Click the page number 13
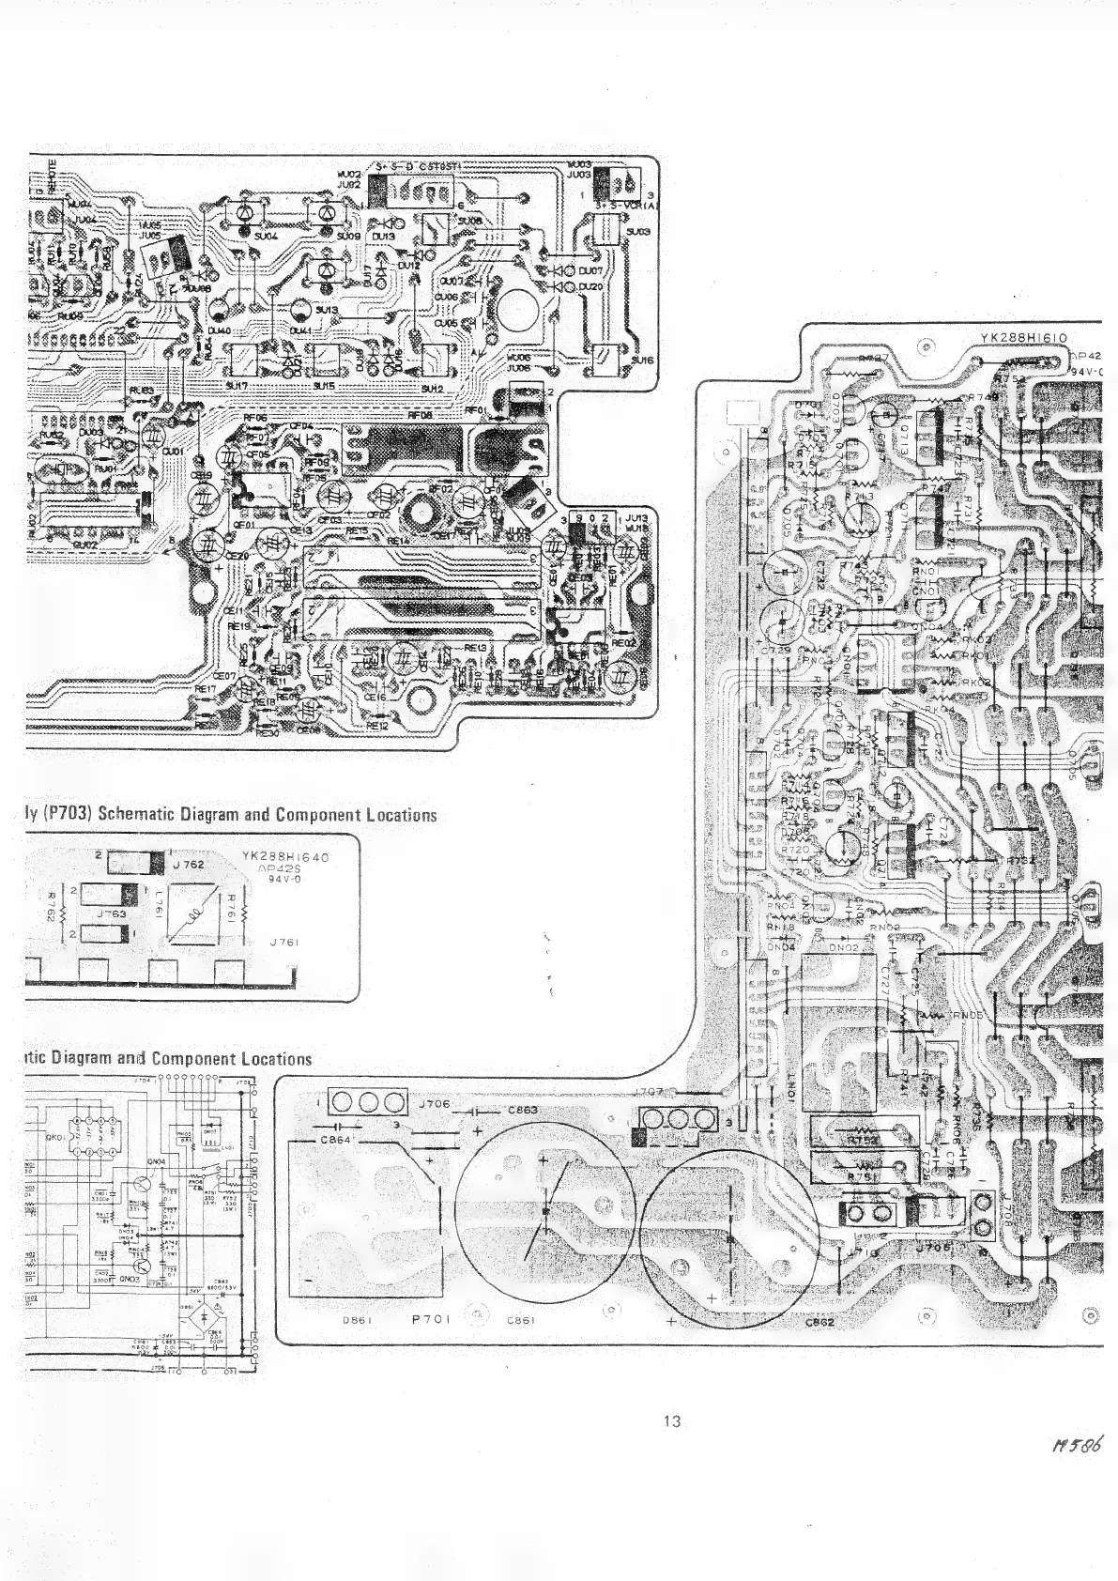coord(671,1420)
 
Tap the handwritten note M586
coord(1077,1471)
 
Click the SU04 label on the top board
coord(267,237)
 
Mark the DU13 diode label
coord(383,238)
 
